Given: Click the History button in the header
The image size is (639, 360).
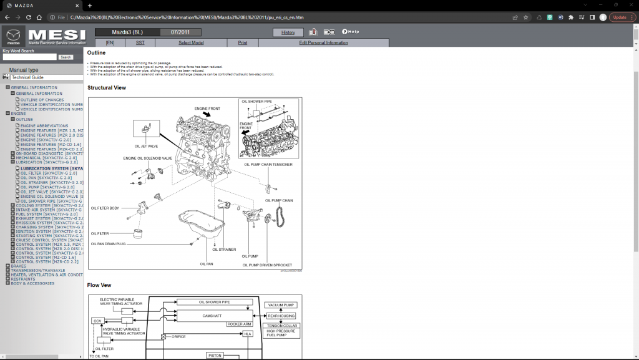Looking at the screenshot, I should click(x=288, y=32).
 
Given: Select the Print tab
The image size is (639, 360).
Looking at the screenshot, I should click(x=242, y=42).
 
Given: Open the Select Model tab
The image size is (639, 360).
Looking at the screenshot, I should click(x=191, y=42).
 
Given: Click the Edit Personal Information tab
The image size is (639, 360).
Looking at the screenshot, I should click(x=323, y=42).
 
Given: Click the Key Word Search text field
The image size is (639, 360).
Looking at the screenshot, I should click(x=29, y=57).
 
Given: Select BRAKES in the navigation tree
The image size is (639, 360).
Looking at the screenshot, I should click(x=19, y=266).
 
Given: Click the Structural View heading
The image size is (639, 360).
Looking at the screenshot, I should click(x=107, y=88).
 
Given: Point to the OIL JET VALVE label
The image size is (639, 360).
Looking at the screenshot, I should click(x=146, y=147).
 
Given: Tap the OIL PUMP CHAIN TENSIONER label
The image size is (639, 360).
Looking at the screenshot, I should click(x=268, y=165).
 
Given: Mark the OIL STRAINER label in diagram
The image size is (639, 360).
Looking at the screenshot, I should click(x=224, y=249).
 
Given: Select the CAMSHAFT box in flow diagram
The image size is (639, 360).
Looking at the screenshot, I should click(x=212, y=316).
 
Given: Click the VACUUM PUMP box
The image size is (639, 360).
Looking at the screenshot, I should click(x=281, y=305).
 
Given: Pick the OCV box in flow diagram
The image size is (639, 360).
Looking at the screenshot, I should click(x=97, y=321).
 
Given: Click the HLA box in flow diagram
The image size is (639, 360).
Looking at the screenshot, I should click(x=247, y=334).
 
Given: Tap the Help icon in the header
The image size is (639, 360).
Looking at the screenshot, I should click(x=350, y=32).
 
